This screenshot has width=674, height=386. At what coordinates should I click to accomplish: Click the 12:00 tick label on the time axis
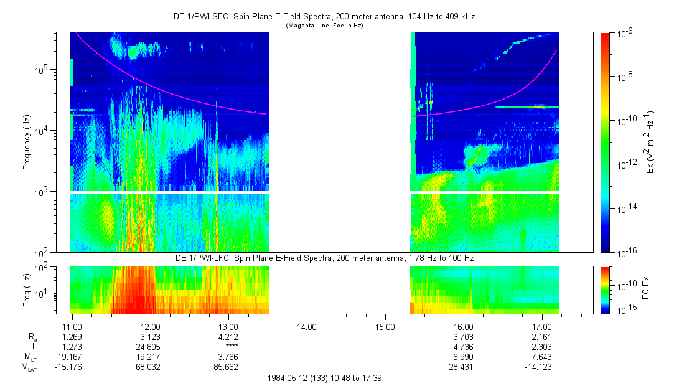tap(151, 327)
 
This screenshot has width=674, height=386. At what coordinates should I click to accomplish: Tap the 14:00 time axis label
tap(307, 327)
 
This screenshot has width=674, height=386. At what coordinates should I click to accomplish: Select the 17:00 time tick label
tap(542, 327)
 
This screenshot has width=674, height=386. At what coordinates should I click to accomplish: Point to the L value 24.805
tap(151, 346)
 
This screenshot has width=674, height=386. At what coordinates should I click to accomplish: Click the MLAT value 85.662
tap(229, 366)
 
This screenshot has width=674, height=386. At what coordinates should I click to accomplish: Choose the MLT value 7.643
tap(542, 356)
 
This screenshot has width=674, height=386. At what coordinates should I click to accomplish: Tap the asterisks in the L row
tap(229, 346)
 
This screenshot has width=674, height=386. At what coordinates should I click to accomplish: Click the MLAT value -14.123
tap(540, 366)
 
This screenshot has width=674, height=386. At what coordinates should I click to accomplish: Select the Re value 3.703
tap(464, 337)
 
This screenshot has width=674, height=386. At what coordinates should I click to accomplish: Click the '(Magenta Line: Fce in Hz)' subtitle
tap(324, 26)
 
